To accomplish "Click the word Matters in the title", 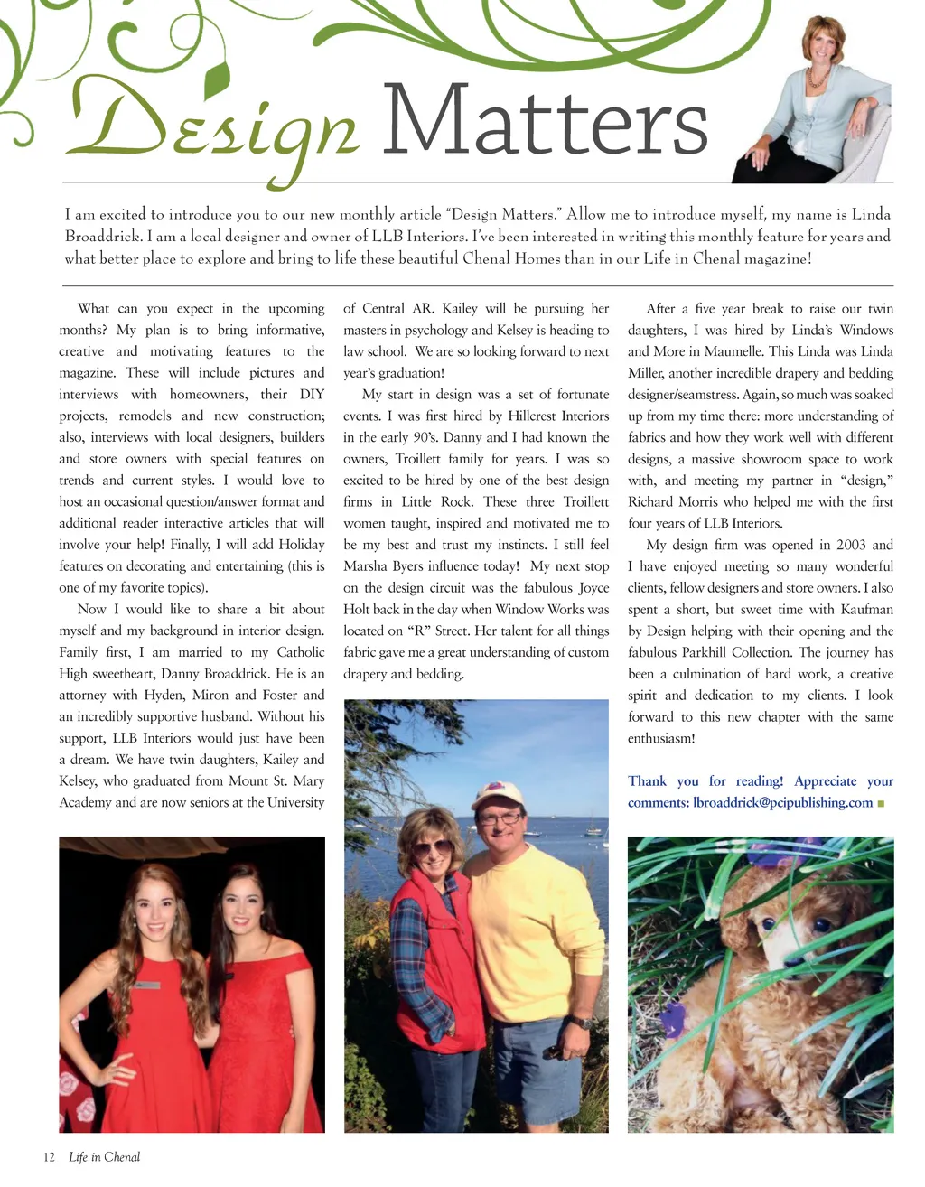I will click(545, 122).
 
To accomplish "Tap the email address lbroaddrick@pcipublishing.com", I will click(782, 802).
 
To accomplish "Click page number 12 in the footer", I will click(49, 1157).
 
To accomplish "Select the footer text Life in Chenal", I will click(104, 1157).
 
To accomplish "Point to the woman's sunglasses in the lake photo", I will click(432, 847).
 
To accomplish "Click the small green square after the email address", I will click(881, 803).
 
